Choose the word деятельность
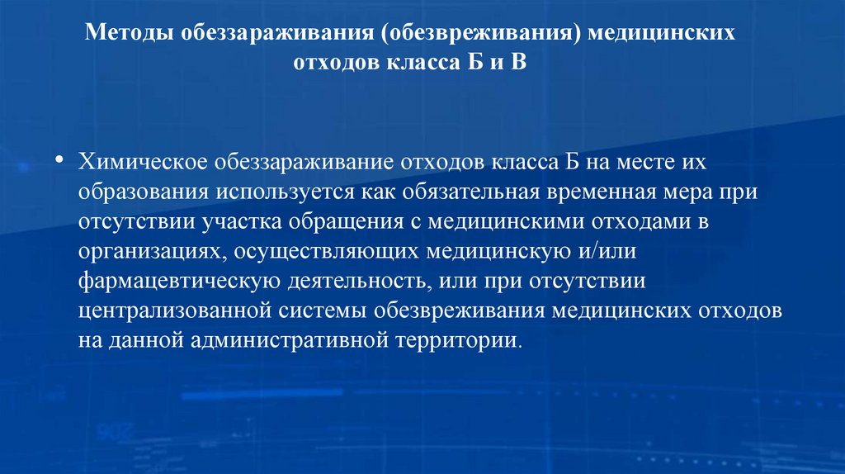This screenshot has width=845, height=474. (357, 282)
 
